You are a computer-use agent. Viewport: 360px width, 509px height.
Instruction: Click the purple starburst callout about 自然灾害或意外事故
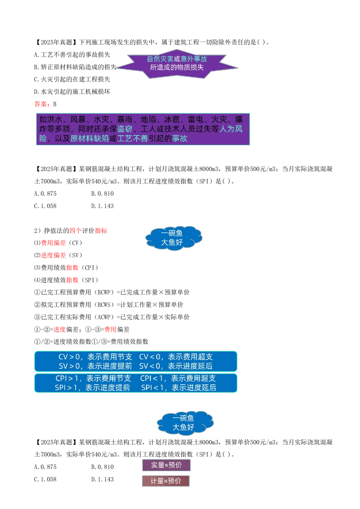click(177, 64)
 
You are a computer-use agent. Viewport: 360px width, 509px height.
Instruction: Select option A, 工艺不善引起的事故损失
click(72, 55)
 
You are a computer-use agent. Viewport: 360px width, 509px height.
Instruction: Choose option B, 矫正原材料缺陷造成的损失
click(75, 67)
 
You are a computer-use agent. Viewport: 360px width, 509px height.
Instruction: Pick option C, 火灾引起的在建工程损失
click(72, 79)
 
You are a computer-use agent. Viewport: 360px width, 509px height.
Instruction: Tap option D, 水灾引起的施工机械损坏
click(72, 92)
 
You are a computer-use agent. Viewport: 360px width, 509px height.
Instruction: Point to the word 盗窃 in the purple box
click(125, 129)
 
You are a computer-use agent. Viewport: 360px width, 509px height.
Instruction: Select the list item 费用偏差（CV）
click(58, 243)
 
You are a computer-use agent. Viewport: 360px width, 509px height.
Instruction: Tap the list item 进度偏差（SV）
click(58, 255)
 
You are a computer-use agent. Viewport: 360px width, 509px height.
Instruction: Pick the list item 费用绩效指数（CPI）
click(66, 268)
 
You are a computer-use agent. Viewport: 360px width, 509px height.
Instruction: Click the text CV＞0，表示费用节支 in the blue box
click(95, 357)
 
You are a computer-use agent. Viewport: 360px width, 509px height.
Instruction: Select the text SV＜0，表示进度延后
click(176, 366)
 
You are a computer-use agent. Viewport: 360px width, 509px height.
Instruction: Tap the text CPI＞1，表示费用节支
click(93, 378)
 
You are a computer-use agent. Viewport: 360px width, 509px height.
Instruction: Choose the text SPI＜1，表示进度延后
click(179, 388)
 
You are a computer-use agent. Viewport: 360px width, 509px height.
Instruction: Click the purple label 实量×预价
click(166, 465)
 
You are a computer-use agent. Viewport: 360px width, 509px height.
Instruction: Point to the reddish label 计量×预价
click(166, 481)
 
